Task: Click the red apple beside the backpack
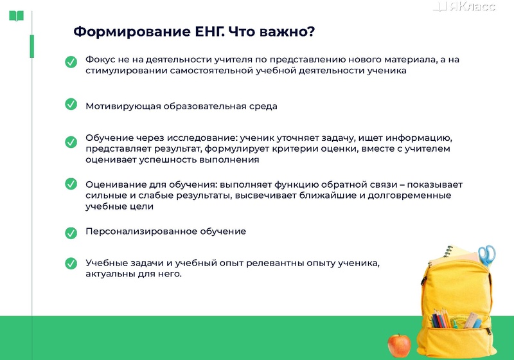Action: (399, 346)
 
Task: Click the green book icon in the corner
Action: (17, 15)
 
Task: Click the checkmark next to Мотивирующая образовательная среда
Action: (71, 104)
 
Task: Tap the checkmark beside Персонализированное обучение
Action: (71, 232)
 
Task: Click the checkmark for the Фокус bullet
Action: (71, 62)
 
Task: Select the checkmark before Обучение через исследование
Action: (71, 141)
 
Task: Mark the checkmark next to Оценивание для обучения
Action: (71, 184)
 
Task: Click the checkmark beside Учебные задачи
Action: (71, 263)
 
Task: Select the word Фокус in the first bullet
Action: (100, 60)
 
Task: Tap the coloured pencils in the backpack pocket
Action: (441, 318)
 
